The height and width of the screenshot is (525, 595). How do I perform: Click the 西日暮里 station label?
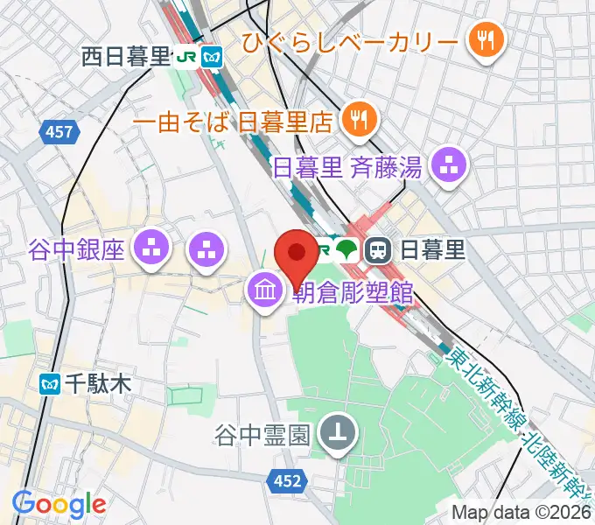pos(124,58)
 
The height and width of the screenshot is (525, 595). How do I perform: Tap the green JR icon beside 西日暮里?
pos(185,58)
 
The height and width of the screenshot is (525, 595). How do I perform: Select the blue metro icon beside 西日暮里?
pos(211,58)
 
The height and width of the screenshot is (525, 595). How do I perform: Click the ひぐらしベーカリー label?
pos(350,40)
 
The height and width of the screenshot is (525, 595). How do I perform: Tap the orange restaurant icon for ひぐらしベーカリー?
pos(482,39)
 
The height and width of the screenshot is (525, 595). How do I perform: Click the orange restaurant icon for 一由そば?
pos(358,117)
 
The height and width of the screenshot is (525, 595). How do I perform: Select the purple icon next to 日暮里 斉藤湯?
pos(451,163)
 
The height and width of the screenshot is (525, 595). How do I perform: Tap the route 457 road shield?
pos(59,132)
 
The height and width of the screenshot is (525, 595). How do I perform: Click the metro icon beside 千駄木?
pos(50,382)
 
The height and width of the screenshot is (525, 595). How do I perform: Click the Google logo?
pos(59,503)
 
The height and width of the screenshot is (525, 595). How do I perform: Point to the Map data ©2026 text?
pos(522,512)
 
